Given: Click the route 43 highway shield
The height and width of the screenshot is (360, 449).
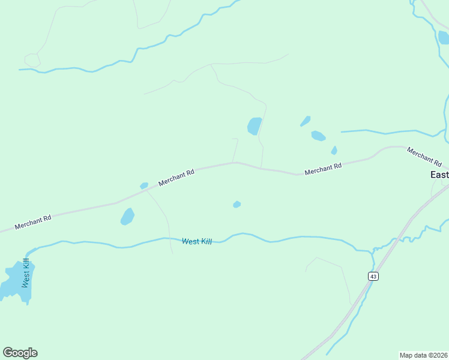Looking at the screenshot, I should tap(373, 276).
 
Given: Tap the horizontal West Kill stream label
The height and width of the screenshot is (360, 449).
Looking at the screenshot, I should tap(197, 241).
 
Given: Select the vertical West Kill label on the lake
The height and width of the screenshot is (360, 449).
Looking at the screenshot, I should tap(26, 273).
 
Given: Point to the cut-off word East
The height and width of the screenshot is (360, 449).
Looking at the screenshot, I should tap(439, 175).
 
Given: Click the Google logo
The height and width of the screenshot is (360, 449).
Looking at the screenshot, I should tap(20, 353).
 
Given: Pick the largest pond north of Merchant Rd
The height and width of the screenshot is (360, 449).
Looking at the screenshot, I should tap(255, 126).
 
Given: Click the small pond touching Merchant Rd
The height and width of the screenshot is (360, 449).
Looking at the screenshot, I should tap(144, 186).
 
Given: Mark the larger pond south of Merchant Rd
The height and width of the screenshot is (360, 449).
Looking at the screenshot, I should tap(127, 217).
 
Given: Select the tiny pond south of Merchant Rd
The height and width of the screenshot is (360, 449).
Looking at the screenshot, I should tap(237, 205).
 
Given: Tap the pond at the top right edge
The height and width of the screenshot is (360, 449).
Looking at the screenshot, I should tap(444, 37).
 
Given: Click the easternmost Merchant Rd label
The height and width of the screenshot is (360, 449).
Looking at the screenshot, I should tap(424, 157).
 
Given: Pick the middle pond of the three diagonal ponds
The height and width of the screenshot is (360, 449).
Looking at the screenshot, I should tap(318, 136).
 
